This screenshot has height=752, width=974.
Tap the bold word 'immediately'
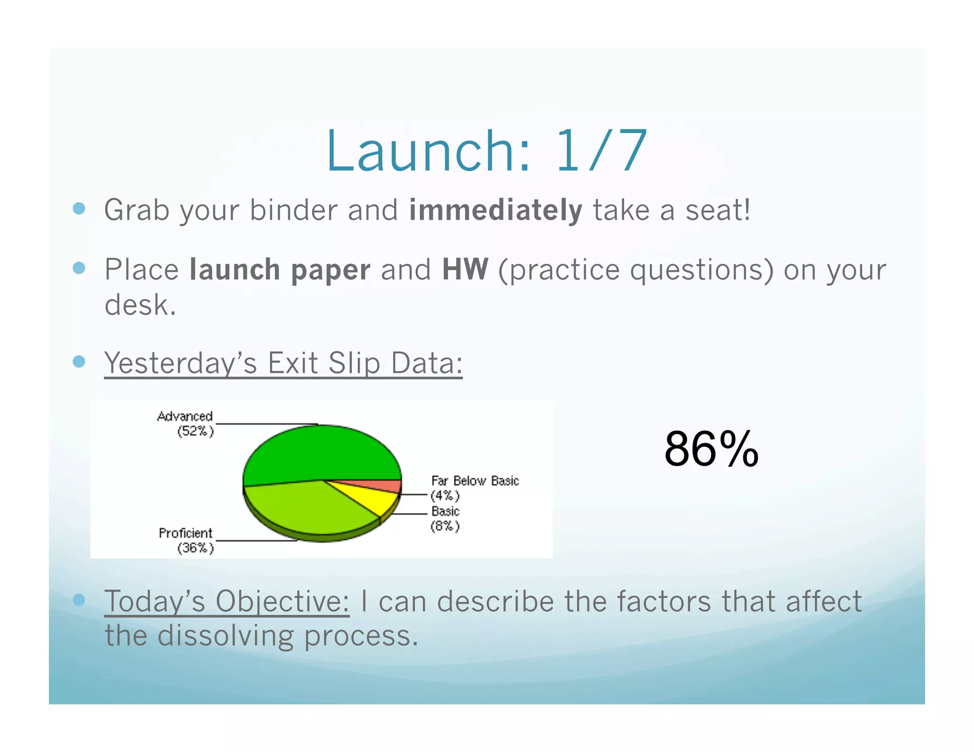pyautogui.click(x=496, y=211)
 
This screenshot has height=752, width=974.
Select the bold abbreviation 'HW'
pyautogui.click(x=465, y=270)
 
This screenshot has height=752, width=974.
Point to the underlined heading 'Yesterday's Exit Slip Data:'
pyautogui.click(x=283, y=363)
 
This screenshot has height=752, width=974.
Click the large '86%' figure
pyautogui.click(x=711, y=449)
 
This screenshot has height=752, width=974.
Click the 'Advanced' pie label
pyautogui.click(x=185, y=416)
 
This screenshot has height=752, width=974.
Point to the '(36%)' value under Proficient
pyautogui.click(x=195, y=548)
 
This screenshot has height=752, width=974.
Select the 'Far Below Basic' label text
pyautogui.click(x=475, y=481)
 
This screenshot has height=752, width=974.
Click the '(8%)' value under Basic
pyautogui.click(x=445, y=526)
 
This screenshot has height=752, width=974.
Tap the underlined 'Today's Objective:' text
pyautogui.click(x=227, y=601)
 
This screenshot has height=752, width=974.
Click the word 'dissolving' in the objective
pyautogui.click(x=225, y=636)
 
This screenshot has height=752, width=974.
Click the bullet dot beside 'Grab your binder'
pyautogui.click(x=79, y=208)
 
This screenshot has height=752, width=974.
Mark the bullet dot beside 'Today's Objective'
pyautogui.click(x=79, y=599)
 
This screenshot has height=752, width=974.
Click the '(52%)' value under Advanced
pyautogui.click(x=195, y=431)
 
